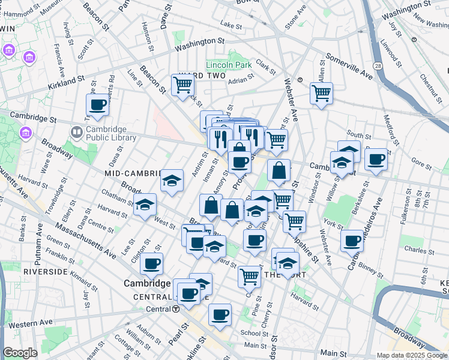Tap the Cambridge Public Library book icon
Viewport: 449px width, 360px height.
77,131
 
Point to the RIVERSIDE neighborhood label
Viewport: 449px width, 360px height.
45,272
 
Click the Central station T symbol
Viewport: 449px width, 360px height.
176,309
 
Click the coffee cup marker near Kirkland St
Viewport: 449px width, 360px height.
97,105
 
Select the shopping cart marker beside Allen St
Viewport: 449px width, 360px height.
321,92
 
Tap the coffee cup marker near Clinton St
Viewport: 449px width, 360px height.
151,263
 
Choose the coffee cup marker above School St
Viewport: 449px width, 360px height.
220,314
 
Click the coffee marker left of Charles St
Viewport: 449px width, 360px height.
352,241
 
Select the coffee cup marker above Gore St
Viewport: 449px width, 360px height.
376,159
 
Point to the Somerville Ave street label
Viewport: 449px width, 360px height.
349,67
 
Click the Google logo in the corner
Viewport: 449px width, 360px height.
20,353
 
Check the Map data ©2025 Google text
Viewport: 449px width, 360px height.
411,355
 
